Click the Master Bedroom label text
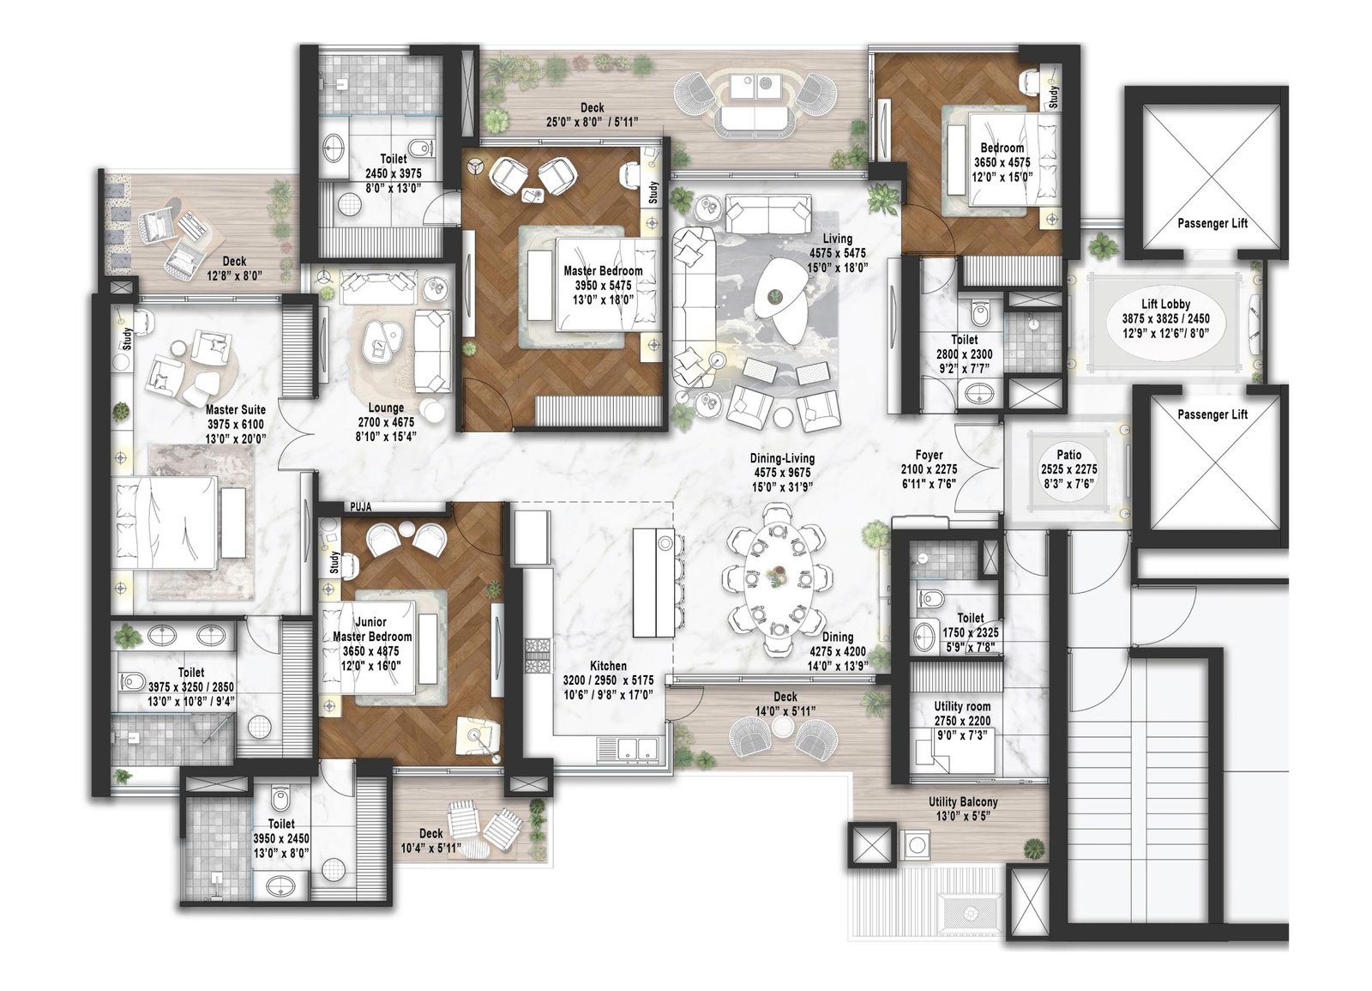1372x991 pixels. coord(603,271)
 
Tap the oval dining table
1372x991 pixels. coord(779,580)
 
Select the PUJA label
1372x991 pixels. coord(360,507)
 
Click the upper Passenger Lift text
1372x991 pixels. coord(1212,223)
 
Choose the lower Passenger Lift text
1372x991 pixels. coord(1212,414)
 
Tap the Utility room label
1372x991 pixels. coord(962,707)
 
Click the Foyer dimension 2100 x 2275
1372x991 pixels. coord(929,469)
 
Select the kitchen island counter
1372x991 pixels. coord(654,583)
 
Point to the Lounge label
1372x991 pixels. coord(386,408)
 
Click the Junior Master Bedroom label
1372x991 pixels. coord(372,629)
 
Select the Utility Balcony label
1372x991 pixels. coord(963,802)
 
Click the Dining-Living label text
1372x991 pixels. coord(782,459)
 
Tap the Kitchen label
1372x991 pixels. coord(608,666)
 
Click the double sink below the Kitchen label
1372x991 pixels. coord(629,748)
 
